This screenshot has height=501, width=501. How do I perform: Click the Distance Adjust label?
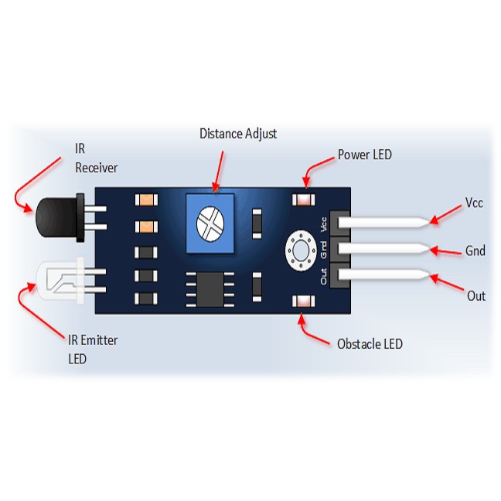[238, 134]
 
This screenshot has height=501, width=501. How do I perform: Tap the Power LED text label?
[365, 155]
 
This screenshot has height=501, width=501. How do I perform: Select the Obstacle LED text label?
[370, 343]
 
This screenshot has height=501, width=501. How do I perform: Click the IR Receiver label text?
[97, 158]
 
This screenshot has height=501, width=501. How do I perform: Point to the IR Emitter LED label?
[92, 349]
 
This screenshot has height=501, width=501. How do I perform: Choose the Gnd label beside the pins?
[475, 250]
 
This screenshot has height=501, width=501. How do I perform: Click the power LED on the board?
[302, 200]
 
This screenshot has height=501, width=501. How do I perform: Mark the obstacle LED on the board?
[302, 302]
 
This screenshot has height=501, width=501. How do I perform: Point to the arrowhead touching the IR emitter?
[32, 286]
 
